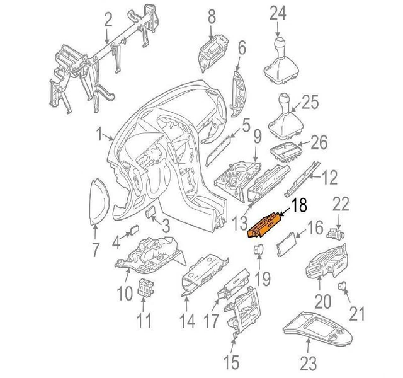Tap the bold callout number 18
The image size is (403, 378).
(x=298, y=205)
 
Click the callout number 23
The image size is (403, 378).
(x=309, y=364)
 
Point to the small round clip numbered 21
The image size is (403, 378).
(x=341, y=285)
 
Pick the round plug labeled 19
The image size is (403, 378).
(x=259, y=249)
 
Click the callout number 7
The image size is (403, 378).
(x=95, y=249)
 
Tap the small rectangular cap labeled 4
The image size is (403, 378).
(x=134, y=229)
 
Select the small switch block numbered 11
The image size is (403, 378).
(x=145, y=287)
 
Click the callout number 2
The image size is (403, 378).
(x=108, y=20)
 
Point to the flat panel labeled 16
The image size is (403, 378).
(x=287, y=244)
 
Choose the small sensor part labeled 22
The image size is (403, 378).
(x=336, y=233)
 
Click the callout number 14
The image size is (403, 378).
(x=187, y=321)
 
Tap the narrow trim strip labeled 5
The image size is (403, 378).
(x=218, y=151)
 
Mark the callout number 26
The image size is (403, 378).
(x=319, y=142)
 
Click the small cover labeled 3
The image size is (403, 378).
(x=150, y=212)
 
